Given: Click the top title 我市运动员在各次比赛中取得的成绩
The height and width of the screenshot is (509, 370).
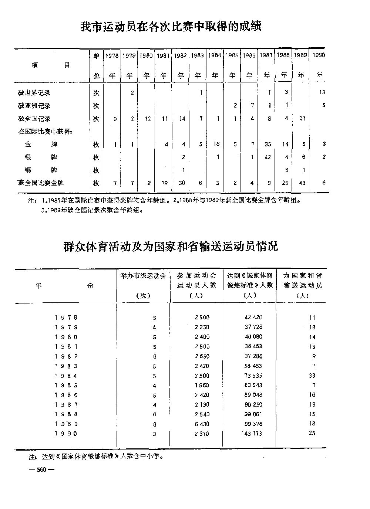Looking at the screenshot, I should (x=171, y=27).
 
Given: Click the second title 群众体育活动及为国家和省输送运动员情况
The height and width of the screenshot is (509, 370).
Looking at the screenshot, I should (x=171, y=246).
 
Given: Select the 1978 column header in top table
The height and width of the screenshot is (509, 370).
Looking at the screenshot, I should (x=112, y=56).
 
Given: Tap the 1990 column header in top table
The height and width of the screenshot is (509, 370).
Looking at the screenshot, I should (x=319, y=55).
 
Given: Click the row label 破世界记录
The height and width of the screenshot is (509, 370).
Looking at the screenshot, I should (x=34, y=93).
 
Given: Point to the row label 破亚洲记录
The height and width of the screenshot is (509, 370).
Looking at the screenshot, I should (x=34, y=106).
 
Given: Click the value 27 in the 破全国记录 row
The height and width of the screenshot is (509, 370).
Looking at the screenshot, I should (x=302, y=119).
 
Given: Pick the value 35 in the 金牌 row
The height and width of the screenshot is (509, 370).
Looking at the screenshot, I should (x=268, y=144).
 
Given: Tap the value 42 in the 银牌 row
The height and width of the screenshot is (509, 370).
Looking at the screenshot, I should (x=268, y=157).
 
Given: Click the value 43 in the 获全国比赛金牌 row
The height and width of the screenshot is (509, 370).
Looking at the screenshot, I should (x=302, y=183).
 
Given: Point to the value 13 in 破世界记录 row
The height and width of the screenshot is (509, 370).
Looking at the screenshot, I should (x=322, y=92).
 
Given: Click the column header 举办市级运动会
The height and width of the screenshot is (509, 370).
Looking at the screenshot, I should (x=143, y=276).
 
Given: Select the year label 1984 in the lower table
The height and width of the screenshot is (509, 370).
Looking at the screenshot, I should (x=66, y=376).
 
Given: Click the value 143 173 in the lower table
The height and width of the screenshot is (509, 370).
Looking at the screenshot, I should (x=252, y=434).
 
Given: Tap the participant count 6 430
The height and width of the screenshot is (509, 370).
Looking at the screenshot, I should (x=202, y=424).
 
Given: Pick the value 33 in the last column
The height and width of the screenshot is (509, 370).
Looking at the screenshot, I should (x=312, y=376).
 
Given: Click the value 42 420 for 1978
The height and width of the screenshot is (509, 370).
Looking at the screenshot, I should (x=253, y=317).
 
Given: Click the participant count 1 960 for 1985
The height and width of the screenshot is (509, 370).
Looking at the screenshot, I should (x=202, y=385).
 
